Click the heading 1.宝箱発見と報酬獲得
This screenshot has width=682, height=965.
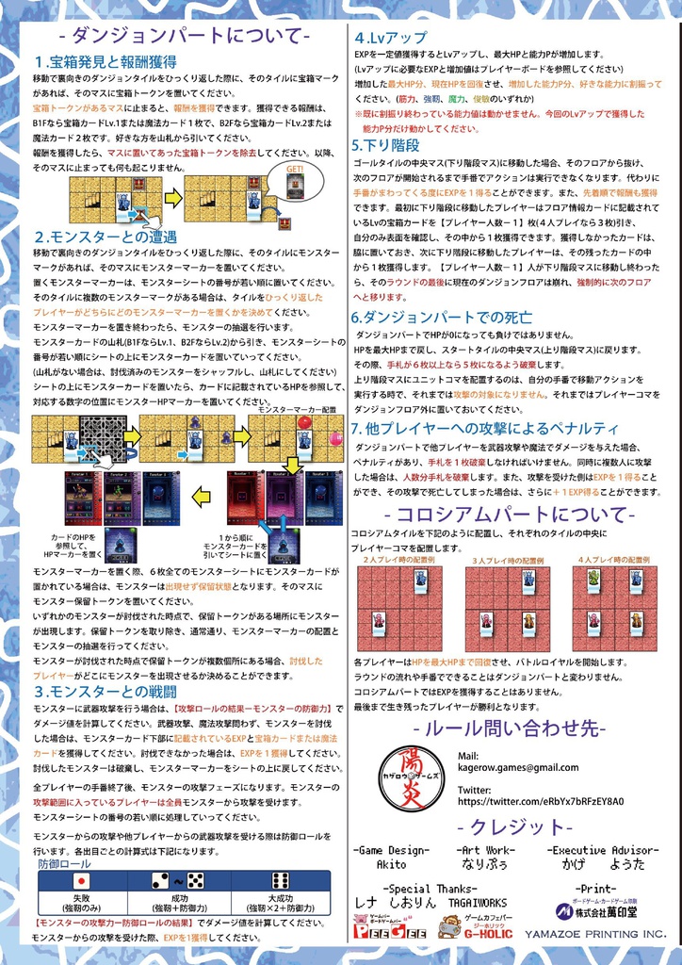105,61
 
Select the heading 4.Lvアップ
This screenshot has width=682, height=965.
390,38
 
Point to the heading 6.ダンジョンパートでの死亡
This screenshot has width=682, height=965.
442,318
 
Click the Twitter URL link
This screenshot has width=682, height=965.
541,801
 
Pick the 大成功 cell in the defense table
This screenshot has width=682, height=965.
281,902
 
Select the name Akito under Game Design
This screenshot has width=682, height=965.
391,863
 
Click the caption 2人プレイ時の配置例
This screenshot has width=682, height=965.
399,560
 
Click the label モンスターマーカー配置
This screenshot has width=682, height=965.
297,410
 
